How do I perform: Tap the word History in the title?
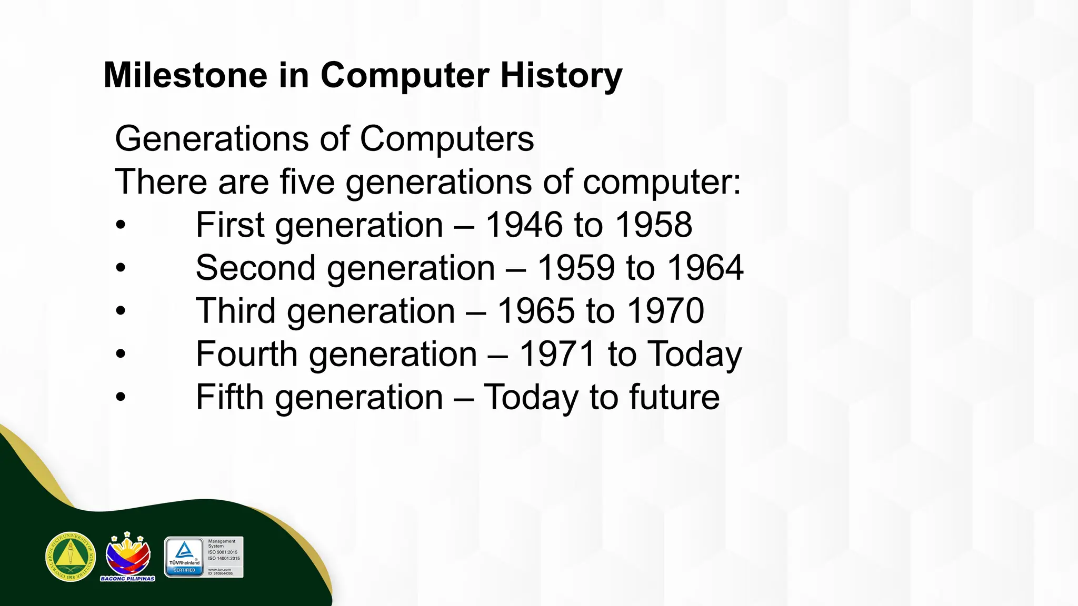tap(561, 76)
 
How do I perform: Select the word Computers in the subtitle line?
tap(447, 139)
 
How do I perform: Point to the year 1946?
tap(524, 225)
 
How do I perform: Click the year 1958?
tap(653, 225)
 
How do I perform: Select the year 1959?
tap(576, 268)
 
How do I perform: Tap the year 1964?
tap(705, 268)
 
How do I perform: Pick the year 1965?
tap(536, 311)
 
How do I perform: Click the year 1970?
tap(666, 311)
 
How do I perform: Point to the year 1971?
tap(557, 354)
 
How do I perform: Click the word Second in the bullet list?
tap(255, 268)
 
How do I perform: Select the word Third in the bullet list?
tap(235, 311)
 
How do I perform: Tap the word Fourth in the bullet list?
tap(246, 354)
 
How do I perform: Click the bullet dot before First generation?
tap(121, 225)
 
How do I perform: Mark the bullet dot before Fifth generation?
tap(121, 398)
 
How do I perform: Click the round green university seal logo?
tap(71, 557)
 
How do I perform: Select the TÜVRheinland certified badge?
tap(204, 557)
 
